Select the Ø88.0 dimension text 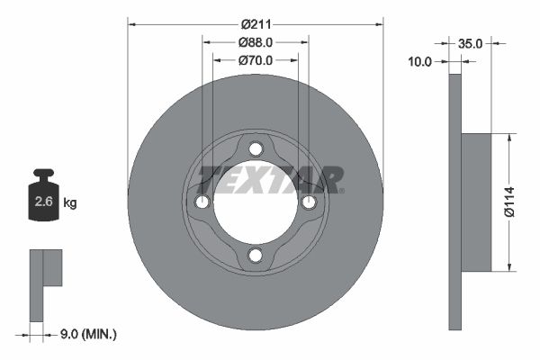tap(256, 41)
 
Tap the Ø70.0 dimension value tap(256, 59)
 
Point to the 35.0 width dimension tap(470, 42)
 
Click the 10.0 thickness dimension tap(420, 61)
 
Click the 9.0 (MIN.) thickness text tap(86, 334)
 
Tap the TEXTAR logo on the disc tap(269, 178)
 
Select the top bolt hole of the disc tap(256, 148)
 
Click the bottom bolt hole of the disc tap(256, 256)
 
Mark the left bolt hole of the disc tap(202, 202)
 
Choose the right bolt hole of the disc tap(309, 202)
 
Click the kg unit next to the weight tap(70, 202)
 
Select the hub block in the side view tap(477, 202)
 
